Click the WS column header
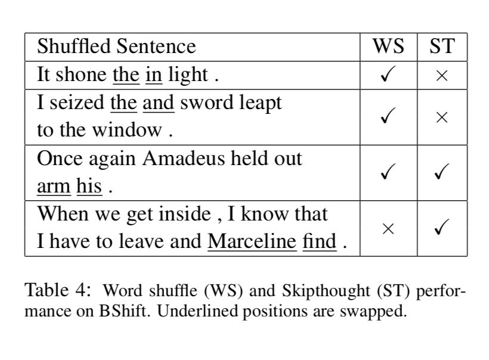(388, 46)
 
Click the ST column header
(442, 46)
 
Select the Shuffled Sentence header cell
(116, 46)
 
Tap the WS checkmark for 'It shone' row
(388, 75)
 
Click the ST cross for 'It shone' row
(442, 76)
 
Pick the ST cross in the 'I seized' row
(442, 117)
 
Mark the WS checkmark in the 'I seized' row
(388, 117)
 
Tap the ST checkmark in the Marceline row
(442, 229)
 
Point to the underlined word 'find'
(319, 242)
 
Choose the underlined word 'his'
(89, 187)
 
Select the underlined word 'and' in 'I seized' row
(159, 103)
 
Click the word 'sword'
(205, 103)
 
